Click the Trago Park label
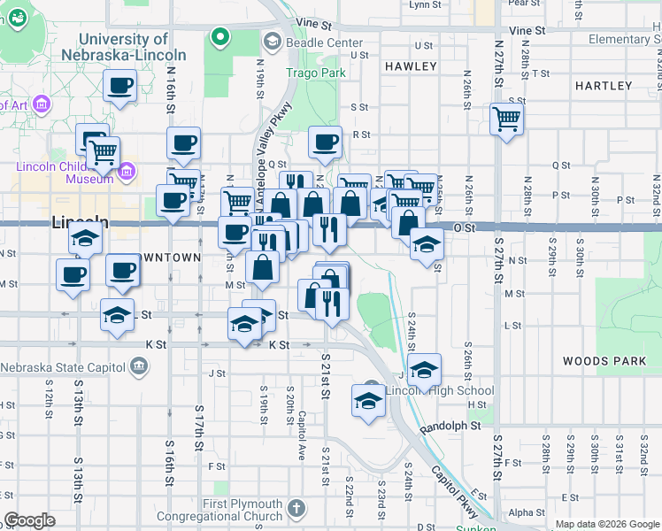coord(314,73)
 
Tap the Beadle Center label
coord(324,42)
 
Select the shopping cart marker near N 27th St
coord(506,119)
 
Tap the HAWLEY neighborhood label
coord(411,66)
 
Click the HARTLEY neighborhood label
coord(603,86)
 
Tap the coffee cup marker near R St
coord(324,141)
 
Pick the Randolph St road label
coord(450,426)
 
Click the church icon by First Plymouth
coord(296,508)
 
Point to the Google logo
coord(29,520)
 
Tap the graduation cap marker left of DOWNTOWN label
coord(85,238)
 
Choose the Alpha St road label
coord(527,512)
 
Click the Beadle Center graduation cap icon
coord(272,41)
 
